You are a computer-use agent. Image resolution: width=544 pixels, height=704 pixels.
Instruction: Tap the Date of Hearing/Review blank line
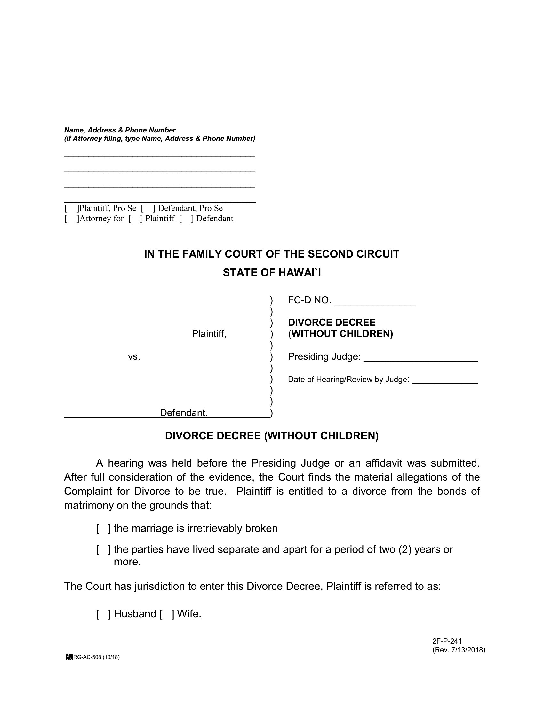coord(445,381)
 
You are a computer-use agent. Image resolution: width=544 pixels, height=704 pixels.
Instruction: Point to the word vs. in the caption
coord(134,357)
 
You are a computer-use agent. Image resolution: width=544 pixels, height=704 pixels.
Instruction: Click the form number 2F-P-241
coord(447,641)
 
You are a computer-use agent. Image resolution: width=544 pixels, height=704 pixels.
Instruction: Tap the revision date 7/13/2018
coord(466,650)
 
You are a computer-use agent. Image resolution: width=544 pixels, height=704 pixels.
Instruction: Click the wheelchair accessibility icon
coord(69,657)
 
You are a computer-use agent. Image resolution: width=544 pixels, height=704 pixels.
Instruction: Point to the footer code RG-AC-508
coord(87,657)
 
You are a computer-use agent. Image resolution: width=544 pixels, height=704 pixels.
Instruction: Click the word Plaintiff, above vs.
coord(209,334)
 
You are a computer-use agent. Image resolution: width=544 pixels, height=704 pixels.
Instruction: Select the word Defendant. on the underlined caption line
coord(184,413)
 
